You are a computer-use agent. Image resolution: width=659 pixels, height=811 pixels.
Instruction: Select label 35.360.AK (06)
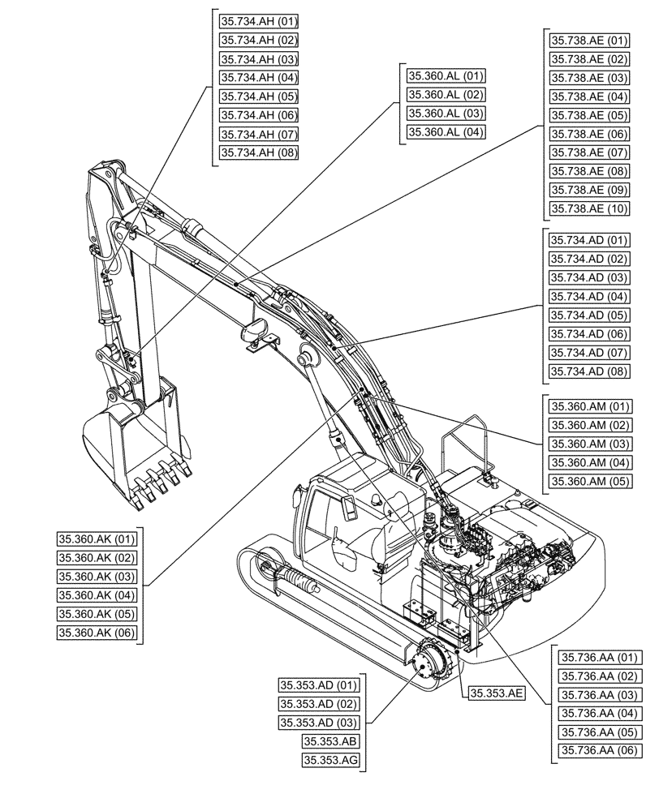(x=97, y=633)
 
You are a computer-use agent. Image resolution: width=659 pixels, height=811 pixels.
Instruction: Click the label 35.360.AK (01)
(x=97, y=539)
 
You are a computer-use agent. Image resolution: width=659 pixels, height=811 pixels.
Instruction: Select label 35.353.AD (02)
(x=318, y=703)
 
